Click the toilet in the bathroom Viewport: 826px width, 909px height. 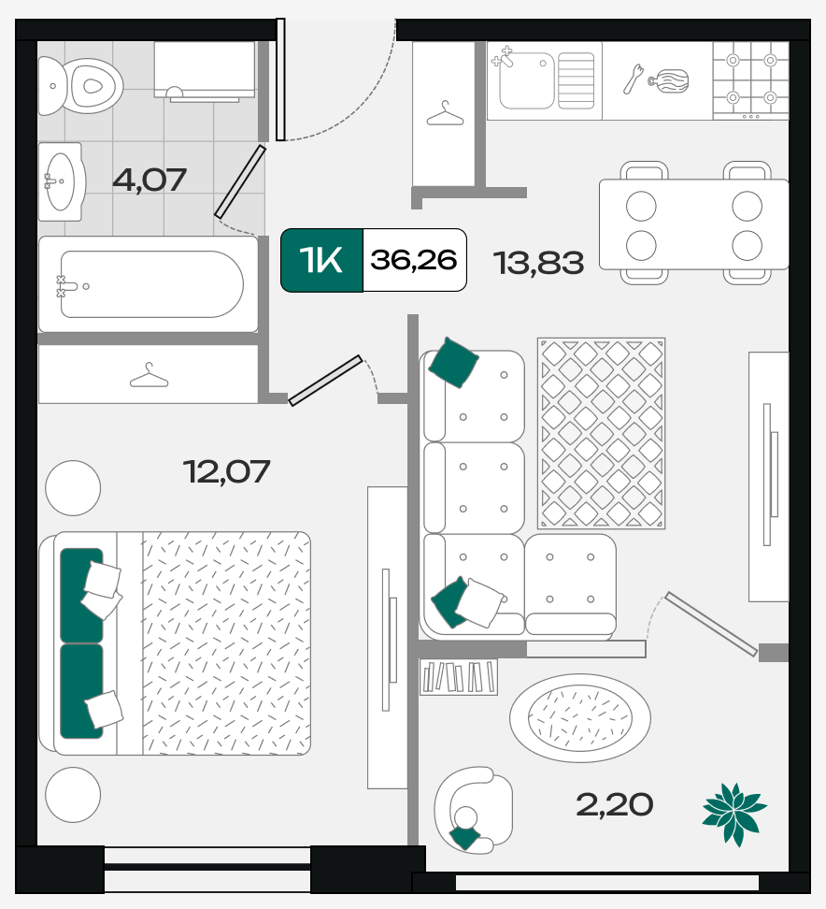(x=80, y=86)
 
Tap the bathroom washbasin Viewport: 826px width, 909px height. (x=61, y=181)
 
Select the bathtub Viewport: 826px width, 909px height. (x=149, y=284)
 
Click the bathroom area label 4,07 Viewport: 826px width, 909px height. (x=150, y=180)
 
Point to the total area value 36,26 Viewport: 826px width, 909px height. (x=414, y=259)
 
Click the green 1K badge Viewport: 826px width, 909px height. (x=321, y=260)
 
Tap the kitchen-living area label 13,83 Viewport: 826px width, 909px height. (x=539, y=263)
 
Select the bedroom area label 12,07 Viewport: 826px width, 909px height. (x=226, y=471)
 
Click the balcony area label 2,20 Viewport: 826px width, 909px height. (x=615, y=804)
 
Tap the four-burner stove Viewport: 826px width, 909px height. (x=750, y=80)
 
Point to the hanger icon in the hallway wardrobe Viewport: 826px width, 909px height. (x=445, y=114)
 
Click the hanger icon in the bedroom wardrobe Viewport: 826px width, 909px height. (x=149, y=376)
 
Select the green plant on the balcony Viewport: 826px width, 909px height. (x=734, y=814)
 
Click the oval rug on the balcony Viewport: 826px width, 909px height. (x=580, y=717)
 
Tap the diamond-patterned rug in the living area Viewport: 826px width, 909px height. (x=601, y=434)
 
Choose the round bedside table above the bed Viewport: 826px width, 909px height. (x=73, y=488)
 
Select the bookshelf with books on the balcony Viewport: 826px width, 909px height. (x=459, y=676)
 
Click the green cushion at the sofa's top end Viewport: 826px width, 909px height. (x=453, y=362)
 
